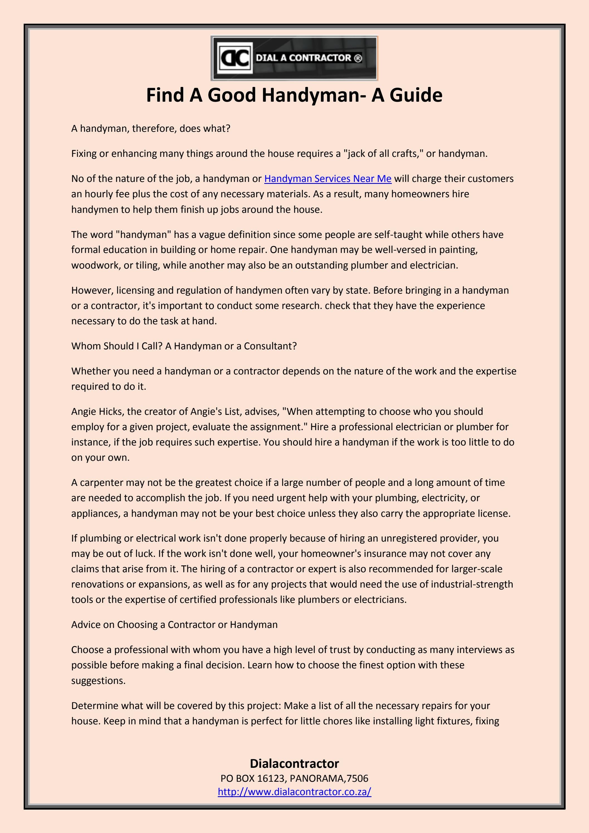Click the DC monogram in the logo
(235, 58)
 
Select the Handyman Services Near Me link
(328, 179)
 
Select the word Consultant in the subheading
(270, 346)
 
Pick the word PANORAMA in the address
(318, 778)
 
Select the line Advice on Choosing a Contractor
(174, 624)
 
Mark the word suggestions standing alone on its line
(98, 681)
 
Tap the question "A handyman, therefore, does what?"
(150, 129)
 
